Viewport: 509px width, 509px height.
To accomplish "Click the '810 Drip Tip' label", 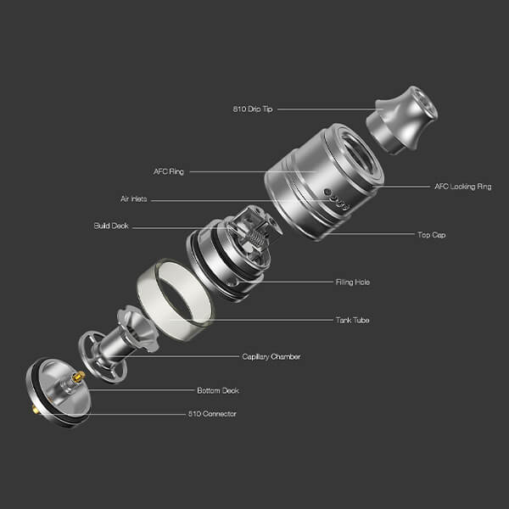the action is (x=253, y=109).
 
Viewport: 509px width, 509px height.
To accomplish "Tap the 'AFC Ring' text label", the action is (x=169, y=171).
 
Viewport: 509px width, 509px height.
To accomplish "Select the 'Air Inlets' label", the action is (x=134, y=199).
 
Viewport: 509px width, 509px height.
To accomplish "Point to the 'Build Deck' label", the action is (x=111, y=226).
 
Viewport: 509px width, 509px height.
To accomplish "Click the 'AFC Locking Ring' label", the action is (x=463, y=187).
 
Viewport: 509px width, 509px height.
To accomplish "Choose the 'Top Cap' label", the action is (x=432, y=234).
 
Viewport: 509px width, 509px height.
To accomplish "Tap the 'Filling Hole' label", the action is (x=353, y=282).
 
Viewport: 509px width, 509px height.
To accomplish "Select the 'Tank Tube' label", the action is (x=353, y=320).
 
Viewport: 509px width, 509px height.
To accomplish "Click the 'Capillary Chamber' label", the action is (x=271, y=357).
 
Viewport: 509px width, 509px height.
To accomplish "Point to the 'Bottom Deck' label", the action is (x=218, y=390).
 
